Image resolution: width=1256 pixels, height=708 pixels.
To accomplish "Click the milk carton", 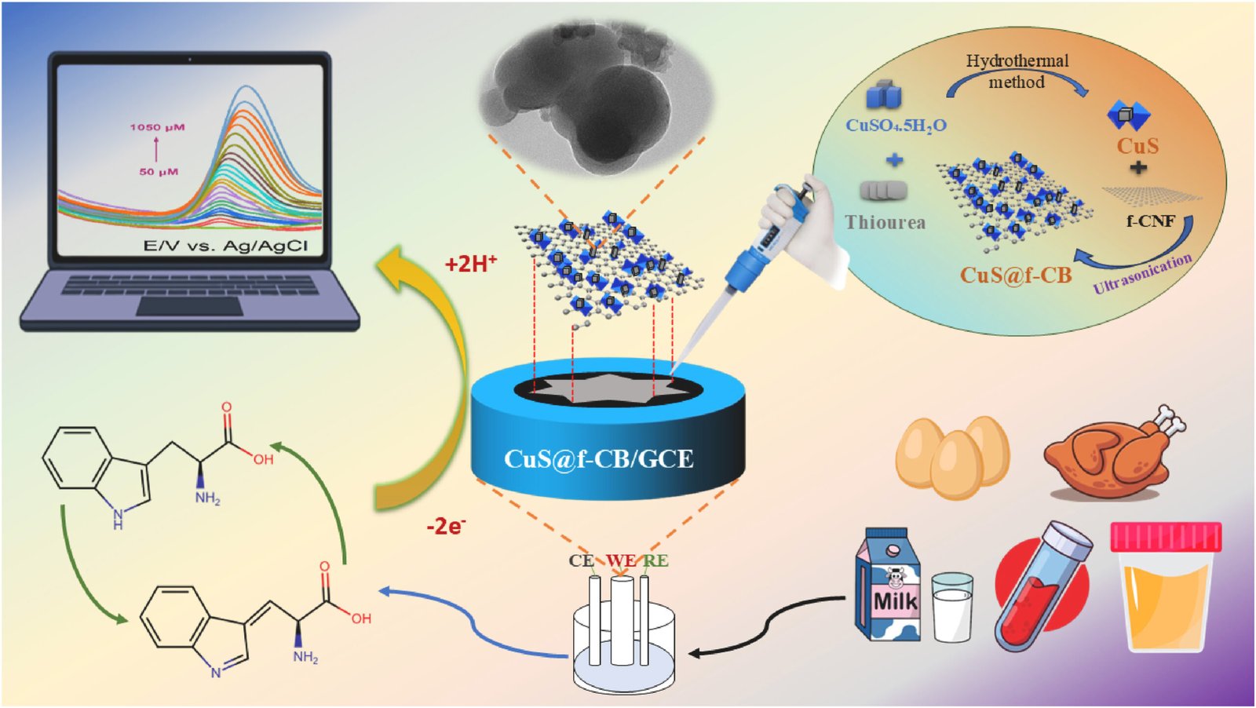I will tap(887, 585).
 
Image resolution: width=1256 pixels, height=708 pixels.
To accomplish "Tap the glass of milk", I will tap(952, 608).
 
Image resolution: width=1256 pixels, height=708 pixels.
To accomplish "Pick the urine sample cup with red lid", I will tap(1166, 589).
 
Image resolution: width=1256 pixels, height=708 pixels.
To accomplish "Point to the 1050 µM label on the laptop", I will tap(157, 127).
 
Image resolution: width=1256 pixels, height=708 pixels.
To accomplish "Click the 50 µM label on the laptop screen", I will tap(159, 171).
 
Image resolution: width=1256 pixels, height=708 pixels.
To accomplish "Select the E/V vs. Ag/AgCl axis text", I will tap(225, 246).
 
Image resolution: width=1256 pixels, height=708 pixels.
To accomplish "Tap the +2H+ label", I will tap(471, 264).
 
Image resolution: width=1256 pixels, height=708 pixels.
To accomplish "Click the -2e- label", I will tap(445, 526).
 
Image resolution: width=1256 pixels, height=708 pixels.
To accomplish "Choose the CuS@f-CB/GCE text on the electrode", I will tap(598, 458).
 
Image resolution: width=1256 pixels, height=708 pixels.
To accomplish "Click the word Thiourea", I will tap(885, 223).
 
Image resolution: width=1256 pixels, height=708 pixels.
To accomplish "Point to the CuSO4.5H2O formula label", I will tap(896, 126).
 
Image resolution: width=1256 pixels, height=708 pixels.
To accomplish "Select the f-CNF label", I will tap(1150, 221).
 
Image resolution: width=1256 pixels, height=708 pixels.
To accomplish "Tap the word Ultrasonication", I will tap(1143, 273).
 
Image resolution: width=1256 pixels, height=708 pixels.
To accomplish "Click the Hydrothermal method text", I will tap(1017, 71).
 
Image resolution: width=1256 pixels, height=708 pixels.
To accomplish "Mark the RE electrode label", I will tap(655, 560).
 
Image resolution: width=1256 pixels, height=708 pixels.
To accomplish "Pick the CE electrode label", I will tap(581, 560).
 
